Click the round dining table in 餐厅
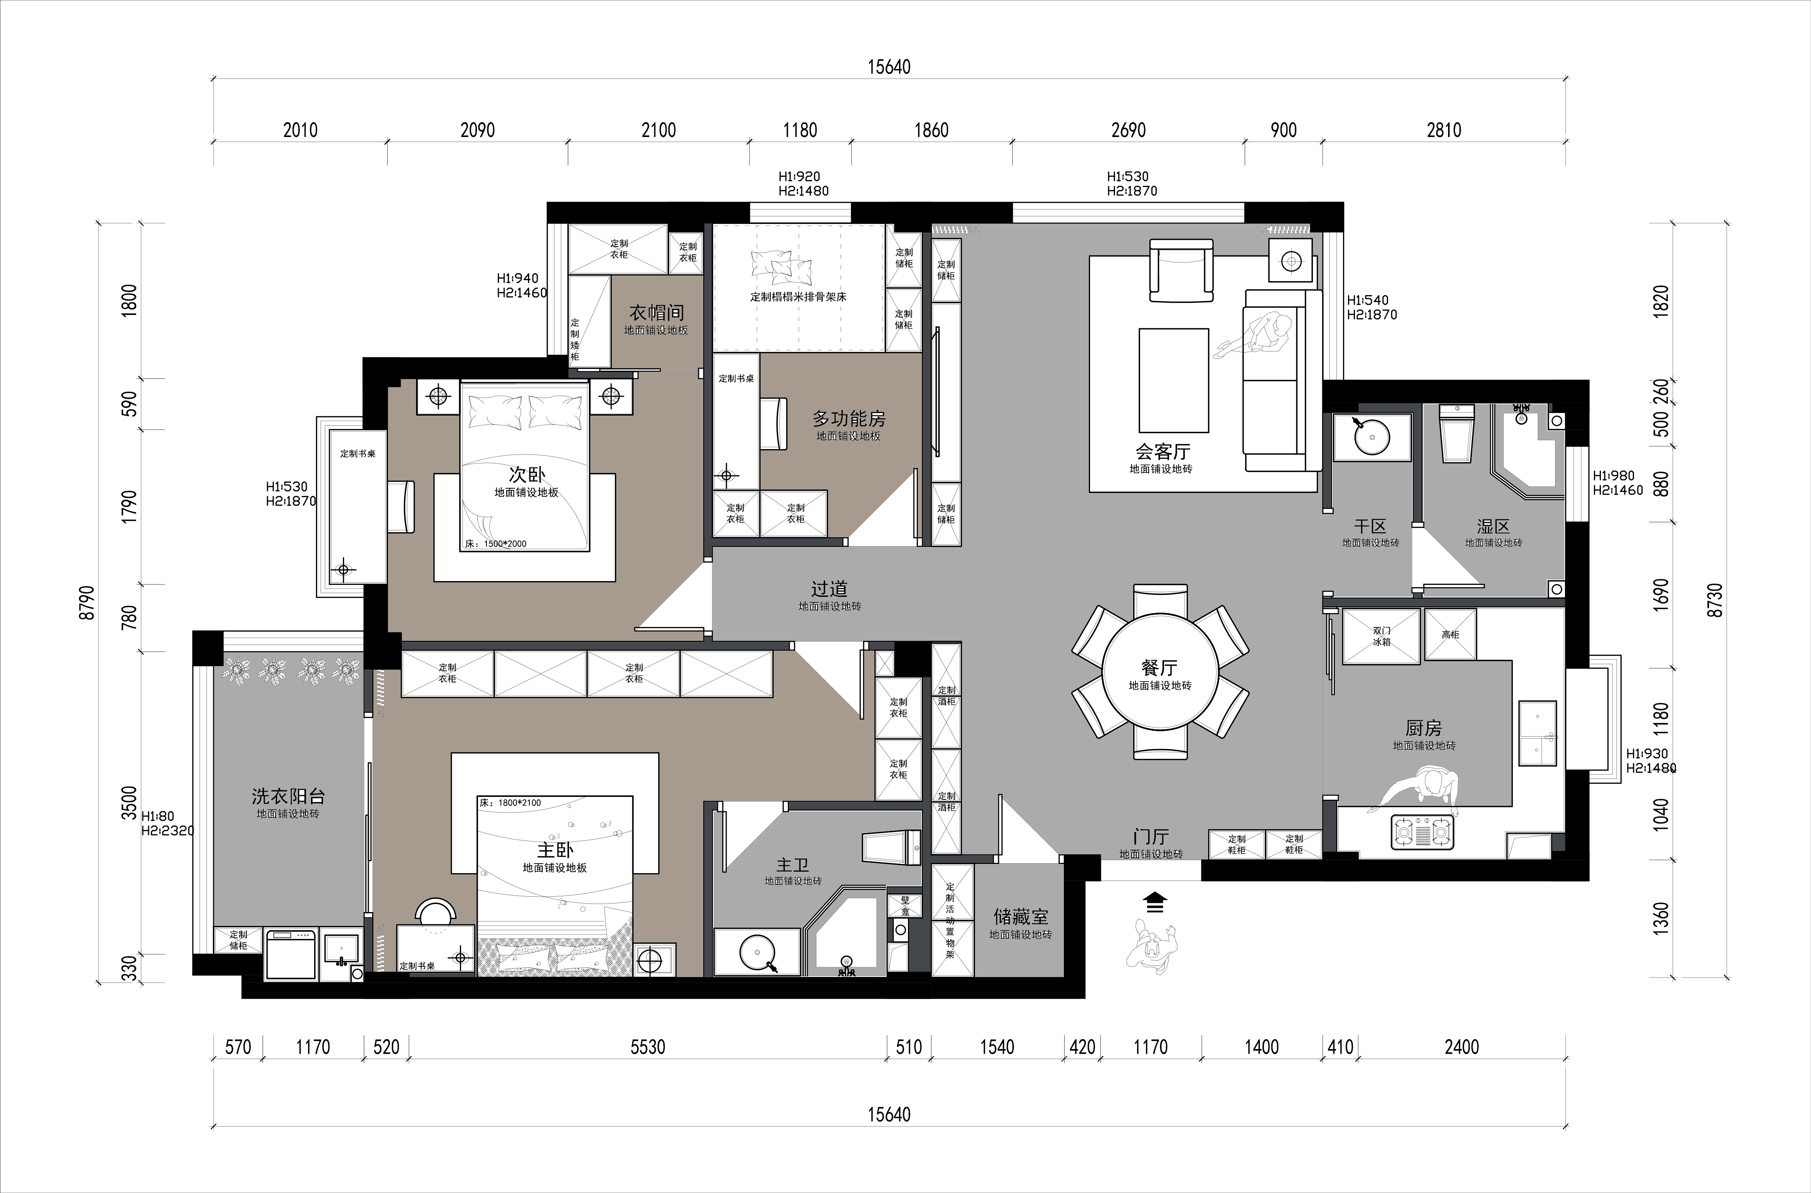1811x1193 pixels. [1160, 671]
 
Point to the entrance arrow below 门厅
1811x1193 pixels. [1155, 902]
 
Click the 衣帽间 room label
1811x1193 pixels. [656, 312]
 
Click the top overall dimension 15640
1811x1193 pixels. [889, 67]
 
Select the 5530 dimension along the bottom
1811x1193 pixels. [647, 1047]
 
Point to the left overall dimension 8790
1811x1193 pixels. [87, 603]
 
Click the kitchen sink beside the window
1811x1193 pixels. [1538, 733]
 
